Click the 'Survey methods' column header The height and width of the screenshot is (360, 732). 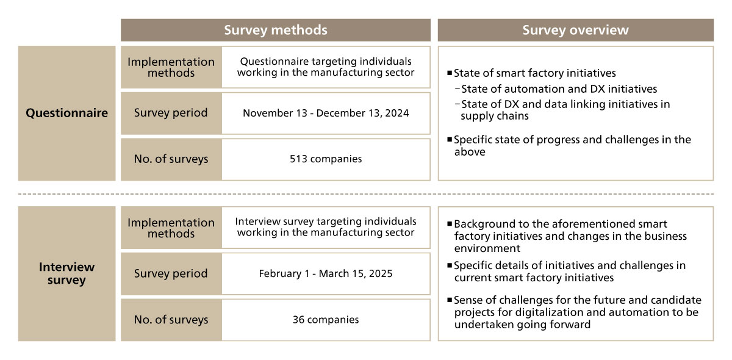(x=276, y=30)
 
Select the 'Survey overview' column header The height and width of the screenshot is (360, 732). (x=575, y=30)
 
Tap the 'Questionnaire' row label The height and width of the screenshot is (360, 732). (x=66, y=113)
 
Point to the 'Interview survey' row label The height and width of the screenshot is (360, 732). (x=66, y=274)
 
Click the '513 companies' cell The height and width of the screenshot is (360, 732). (x=326, y=159)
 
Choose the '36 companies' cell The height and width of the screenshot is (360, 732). (x=326, y=320)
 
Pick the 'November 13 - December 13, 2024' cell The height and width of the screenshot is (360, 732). (x=326, y=113)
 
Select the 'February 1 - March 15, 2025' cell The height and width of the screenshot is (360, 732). (x=326, y=273)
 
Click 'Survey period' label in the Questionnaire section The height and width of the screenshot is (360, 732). (x=171, y=113)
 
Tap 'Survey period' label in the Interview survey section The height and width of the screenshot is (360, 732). (x=171, y=273)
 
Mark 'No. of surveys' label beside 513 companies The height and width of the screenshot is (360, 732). (x=171, y=159)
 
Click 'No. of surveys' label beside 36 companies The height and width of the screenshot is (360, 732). (x=171, y=320)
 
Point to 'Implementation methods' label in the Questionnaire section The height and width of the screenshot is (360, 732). (x=171, y=67)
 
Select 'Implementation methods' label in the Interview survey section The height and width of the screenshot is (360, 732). (x=171, y=228)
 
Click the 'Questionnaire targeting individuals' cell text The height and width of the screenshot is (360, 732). (x=326, y=62)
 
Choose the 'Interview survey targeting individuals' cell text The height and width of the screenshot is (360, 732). (x=326, y=221)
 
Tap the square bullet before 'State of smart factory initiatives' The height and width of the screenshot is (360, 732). (x=450, y=73)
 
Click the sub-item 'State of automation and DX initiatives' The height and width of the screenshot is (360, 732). (x=559, y=89)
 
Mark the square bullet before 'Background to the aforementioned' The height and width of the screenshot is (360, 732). (x=450, y=224)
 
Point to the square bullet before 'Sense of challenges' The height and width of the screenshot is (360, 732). (x=450, y=300)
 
